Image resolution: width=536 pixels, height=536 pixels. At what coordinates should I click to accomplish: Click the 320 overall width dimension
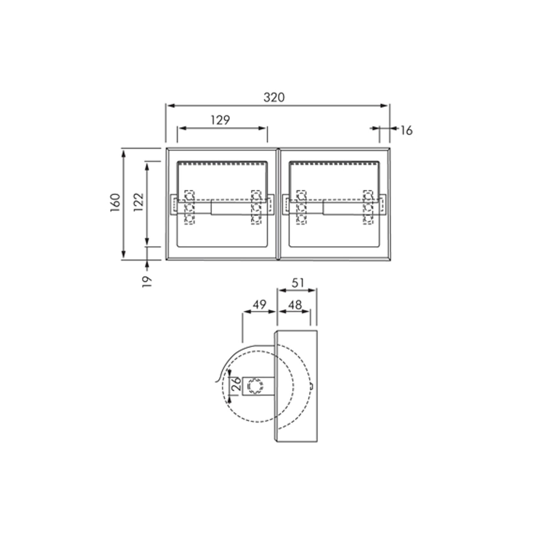pos(274,97)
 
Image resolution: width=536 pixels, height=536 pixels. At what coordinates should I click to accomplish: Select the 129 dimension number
pos(220,120)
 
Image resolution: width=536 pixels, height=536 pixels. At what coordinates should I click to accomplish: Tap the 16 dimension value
pos(406,130)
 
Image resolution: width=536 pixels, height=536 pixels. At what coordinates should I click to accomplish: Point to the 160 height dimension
pos(115,202)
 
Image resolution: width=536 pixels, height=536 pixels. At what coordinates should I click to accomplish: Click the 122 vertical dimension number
pos(138,202)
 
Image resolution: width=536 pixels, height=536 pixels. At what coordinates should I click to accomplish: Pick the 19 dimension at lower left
pos(147,281)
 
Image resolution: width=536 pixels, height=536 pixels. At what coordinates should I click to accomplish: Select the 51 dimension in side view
pos(298,283)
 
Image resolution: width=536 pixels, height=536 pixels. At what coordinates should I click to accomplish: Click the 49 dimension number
pos(259,304)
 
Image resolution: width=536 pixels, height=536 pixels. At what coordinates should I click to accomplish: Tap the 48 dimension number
pos(295,305)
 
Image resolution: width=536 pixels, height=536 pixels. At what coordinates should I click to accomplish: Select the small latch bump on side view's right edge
pos(313,386)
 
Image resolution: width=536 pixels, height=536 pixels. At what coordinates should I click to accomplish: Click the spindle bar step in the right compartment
pos(323,208)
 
